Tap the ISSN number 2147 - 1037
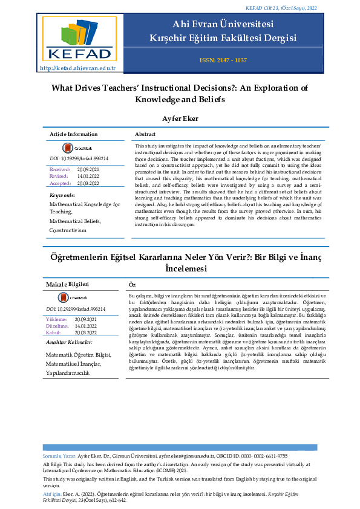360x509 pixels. tap(223, 60)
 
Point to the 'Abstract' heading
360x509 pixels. tap(145, 134)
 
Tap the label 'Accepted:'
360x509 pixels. tap(61, 183)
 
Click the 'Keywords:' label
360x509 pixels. tap(62, 195)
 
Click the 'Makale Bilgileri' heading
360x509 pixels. tap(68, 284)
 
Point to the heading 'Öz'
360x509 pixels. tap(133, 284)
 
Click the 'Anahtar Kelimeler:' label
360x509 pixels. tap(69, 342)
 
